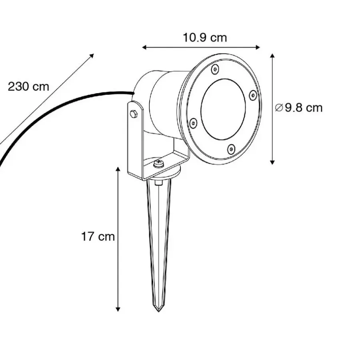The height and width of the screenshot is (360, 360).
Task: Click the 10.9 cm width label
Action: (205, 38)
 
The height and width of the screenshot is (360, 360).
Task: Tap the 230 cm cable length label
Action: (28, 87)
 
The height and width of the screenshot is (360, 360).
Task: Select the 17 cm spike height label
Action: (98, 236)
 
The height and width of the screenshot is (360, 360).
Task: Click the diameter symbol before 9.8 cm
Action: (279, 108)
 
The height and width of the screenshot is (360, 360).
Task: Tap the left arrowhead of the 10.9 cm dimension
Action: (144, 48)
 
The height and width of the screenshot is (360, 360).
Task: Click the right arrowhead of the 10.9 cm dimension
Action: (258, 48)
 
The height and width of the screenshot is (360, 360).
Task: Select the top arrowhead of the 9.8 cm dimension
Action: (272, 56)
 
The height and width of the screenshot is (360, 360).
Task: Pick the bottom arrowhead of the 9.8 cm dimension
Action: (272, 162)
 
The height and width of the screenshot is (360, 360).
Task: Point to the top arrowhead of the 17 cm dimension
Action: (118, 170)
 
